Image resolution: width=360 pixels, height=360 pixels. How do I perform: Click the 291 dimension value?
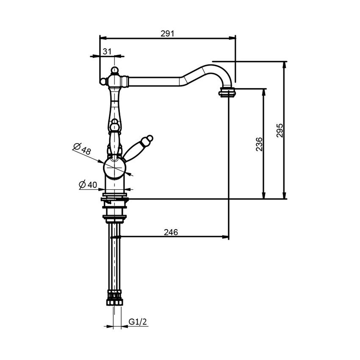coord(167,33)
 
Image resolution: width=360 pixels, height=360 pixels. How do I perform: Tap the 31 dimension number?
coord(107,51)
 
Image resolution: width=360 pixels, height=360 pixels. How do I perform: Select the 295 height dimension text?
coord(280,130)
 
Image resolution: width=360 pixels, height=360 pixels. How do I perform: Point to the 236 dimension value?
coord(259,144)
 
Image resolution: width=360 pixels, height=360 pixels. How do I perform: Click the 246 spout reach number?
coord(171,232)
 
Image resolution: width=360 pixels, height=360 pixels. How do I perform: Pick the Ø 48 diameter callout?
coord(82,149)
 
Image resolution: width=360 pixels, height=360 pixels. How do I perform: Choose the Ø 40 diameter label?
coord(88,184)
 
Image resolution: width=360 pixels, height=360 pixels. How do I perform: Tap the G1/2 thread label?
coord(138,321)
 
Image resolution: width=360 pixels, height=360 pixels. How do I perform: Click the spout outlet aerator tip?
coord(227,93)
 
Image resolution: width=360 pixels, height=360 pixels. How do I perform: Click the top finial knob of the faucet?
coord(115,70)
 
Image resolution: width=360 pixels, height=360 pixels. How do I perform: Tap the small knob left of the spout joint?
coord(103,81)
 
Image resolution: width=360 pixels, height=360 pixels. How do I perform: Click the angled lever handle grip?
coord(134,149)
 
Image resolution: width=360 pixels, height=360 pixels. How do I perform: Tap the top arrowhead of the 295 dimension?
coord(285,65)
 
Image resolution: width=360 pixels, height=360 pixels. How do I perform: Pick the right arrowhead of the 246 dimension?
coord(225,237)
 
